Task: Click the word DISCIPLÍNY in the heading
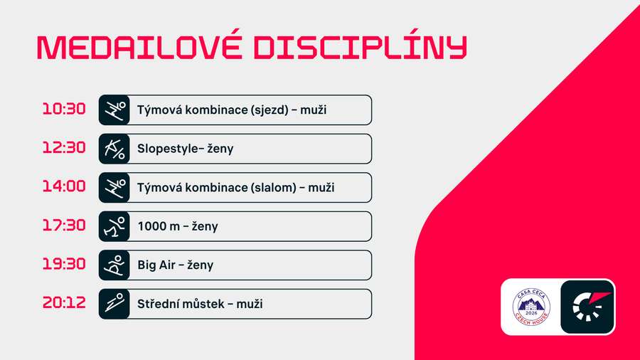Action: [360, 48]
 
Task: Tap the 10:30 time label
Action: [64, 110]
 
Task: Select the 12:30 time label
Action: [64, 148]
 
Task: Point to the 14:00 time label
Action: [64, 186]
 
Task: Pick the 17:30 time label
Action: [64, 226]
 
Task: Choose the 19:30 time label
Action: [64, 264]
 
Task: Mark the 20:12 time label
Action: [64, 303]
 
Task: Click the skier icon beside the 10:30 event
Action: [114, 110]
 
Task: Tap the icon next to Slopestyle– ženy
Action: [114, 149]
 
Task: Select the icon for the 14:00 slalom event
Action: [114, 187]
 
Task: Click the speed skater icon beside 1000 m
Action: [114, 226]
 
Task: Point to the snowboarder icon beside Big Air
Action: [114, 265]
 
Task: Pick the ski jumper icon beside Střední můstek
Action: [114, 304]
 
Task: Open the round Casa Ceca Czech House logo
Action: [532, 306]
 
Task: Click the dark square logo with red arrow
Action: [587, 306]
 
